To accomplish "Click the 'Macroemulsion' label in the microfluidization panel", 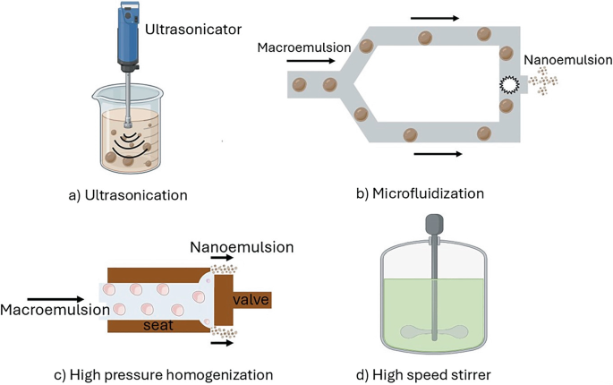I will pos(298,45).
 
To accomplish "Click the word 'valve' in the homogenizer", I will pos(251,298).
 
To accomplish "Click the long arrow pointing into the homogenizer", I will pos(55,297).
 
